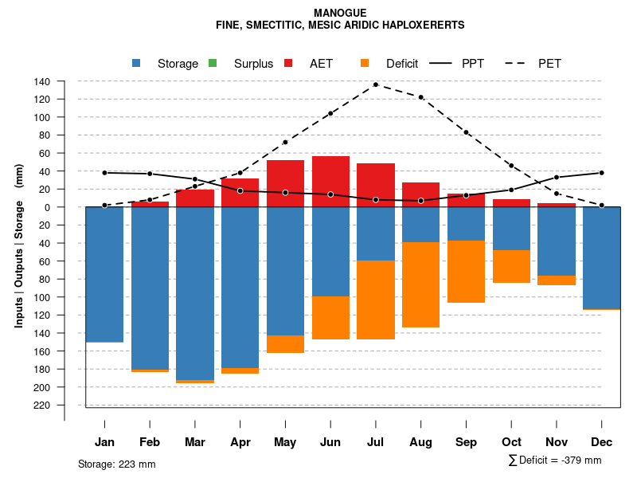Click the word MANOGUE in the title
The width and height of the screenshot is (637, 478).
[x=340, y=14]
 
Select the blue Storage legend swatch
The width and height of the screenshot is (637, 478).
[x=136, y=63]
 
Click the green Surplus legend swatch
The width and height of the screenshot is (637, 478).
[x=213, y=63]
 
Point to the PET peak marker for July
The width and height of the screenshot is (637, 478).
[x=376, y=84]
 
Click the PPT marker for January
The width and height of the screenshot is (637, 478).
[x=104, y=173]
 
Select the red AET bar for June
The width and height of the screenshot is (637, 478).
[x=330, y=182]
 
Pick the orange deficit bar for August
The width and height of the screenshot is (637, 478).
[x=420, y=284]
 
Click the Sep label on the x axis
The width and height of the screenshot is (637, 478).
[x=467, y=442]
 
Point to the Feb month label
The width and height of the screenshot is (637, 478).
[x=150, y=442]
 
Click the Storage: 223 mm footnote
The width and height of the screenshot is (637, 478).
[x=117, y=464]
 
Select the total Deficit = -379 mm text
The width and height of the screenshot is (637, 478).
[x=555, y=460]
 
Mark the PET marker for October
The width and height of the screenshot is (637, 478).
[x=511, y=166]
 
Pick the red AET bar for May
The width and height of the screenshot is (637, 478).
[x=285, y=183]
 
